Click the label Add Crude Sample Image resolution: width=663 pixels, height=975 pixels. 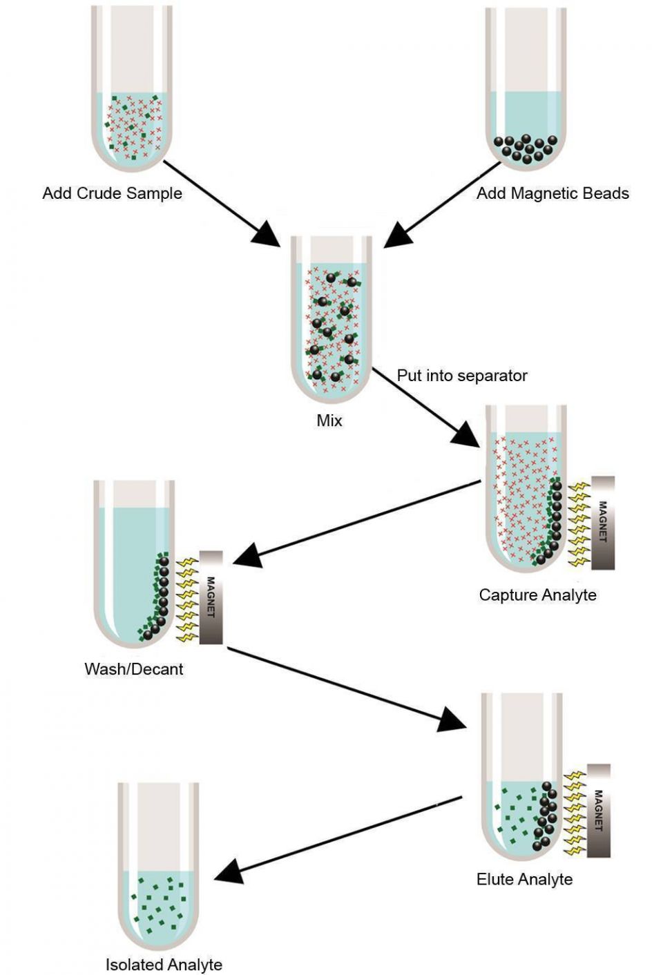pos(112,193)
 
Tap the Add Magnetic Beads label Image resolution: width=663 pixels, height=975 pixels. pos(552,193)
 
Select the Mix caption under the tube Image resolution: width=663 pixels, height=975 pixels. pos(329,421)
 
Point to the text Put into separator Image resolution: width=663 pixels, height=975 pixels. pos(462,376)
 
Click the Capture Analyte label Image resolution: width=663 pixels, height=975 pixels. pos(537,595)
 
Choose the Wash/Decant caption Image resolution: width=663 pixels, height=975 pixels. pos(134,668)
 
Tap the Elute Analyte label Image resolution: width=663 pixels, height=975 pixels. pos(524,879)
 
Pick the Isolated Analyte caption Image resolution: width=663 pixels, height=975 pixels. pos(164,965)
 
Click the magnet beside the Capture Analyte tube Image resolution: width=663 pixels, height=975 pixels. pos(603,523)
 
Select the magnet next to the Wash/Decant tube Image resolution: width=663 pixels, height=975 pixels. pos(211,597)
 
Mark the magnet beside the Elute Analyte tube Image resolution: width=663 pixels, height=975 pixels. pos(599,810)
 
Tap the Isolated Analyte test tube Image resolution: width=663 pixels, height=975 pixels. pos(158,870)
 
